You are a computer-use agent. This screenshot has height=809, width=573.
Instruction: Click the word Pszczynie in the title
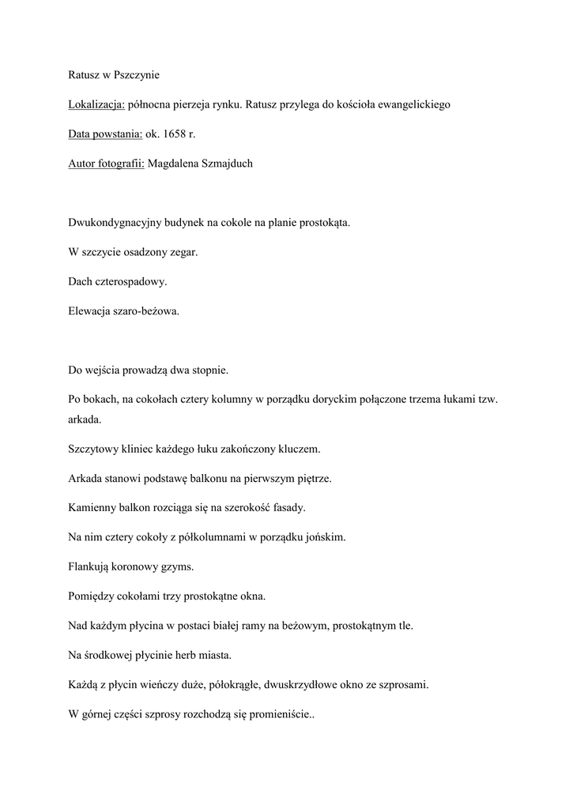point(137,74)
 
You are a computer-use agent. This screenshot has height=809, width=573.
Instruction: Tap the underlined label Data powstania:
point(105,134)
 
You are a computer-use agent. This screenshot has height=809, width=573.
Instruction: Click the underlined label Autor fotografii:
point(106,164)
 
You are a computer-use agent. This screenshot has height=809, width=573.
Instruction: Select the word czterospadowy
point(131,281)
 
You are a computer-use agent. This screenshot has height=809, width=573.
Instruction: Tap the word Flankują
point(89,566)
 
